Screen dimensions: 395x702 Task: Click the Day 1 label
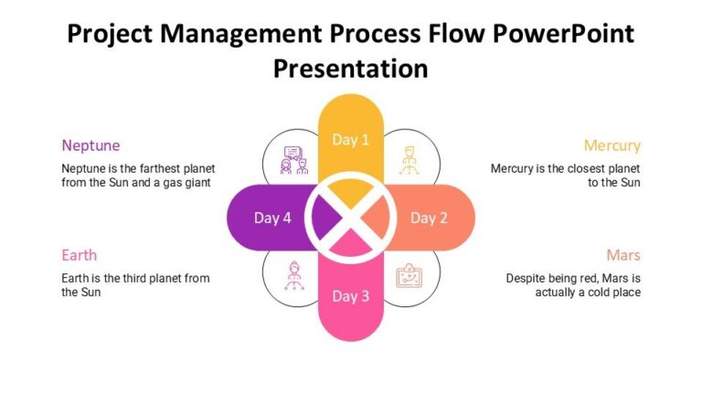351,140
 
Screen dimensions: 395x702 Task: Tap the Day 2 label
429,218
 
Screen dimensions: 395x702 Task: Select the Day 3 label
351,296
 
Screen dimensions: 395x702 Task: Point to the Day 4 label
272,218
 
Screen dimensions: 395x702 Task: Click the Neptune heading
90,145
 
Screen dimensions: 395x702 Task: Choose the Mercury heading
612,145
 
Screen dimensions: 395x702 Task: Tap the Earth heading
79,255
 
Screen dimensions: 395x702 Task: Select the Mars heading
622,255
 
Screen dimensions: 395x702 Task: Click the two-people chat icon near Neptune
293,160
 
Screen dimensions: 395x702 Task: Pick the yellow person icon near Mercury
409,160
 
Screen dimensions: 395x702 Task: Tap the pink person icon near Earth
293,275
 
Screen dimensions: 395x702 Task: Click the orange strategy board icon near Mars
409,275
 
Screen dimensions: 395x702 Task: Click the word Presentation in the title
351,68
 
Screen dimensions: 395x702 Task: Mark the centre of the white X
351,218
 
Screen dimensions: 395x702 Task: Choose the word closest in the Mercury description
579,168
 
